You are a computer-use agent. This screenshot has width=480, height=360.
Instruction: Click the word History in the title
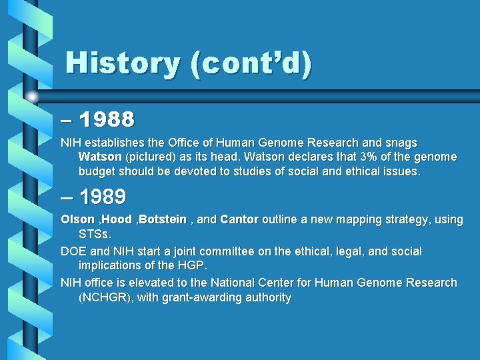pyautogui.click(x=123, y=63)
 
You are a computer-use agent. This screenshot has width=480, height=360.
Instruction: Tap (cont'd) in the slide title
pyautogui.click(x=251, y=63)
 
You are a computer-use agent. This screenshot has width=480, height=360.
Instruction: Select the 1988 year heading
pyautogui.click(x=107, y=120)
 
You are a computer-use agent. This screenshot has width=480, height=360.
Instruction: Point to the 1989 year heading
pyautogui.click(x=102, y=197)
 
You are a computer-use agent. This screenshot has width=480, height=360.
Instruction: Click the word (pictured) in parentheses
pyautogui.click(x=150, y=157)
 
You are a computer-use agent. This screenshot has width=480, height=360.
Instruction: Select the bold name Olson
pyautogui.click(x=77, y=219)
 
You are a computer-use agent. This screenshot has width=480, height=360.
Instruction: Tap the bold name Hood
pyautogui.click(x=117, y=219)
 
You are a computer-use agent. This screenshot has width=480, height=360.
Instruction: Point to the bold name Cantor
pyautogui.click(x=239, y=219)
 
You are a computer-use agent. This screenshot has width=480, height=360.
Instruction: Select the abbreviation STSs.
pyautogui.click(x=95, y=234)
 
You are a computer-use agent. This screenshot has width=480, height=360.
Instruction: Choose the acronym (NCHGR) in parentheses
pyautogui.click(x=105, y=297)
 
